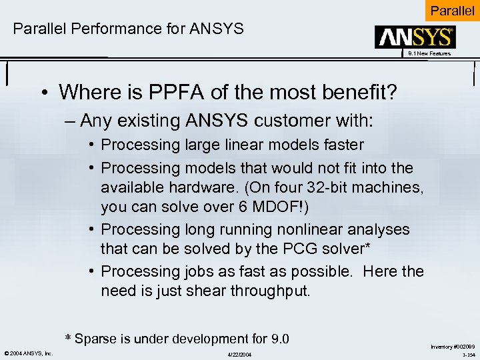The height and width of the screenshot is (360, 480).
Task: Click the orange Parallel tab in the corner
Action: click(x=452, y=11)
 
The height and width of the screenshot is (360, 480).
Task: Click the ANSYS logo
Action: click(x=415, y=37)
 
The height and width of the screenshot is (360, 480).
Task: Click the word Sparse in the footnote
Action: click(x=97, y=338)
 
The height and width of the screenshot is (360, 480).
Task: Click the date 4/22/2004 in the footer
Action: click(x=240, y=354)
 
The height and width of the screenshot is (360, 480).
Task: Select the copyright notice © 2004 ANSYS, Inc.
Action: click(x=29, y=353)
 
